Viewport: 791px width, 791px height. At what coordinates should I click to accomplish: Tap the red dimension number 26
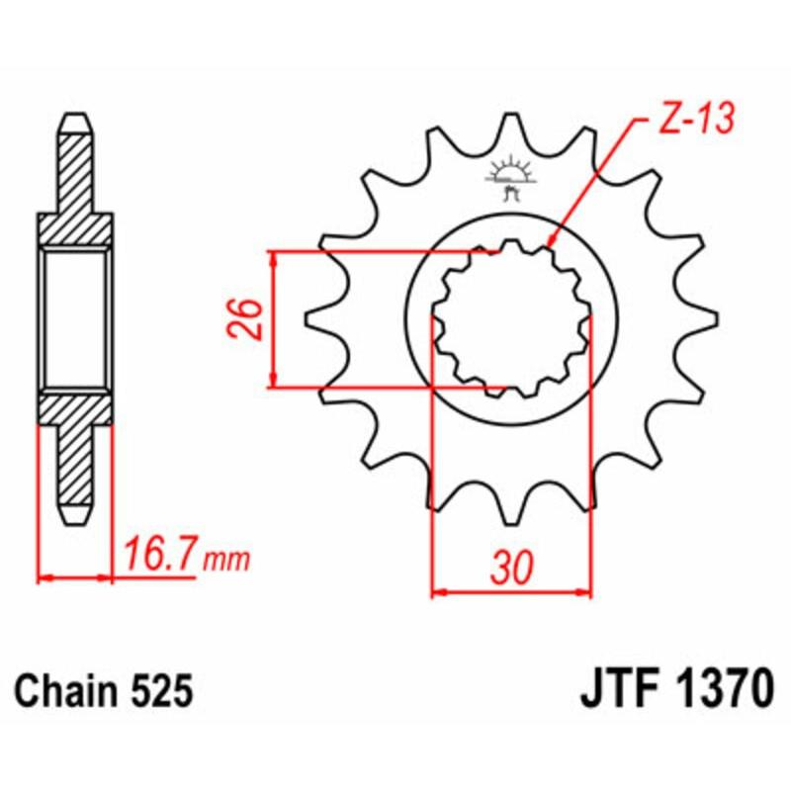(x=248, y=318)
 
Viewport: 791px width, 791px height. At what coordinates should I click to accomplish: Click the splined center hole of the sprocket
(x=511, y=318)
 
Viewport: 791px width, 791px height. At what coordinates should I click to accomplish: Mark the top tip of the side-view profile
(x=76, y=118)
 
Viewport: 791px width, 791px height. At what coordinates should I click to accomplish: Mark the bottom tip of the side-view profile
(x=76, y=520)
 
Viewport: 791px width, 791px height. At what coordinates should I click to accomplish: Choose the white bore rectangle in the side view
(x=76, y=318)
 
